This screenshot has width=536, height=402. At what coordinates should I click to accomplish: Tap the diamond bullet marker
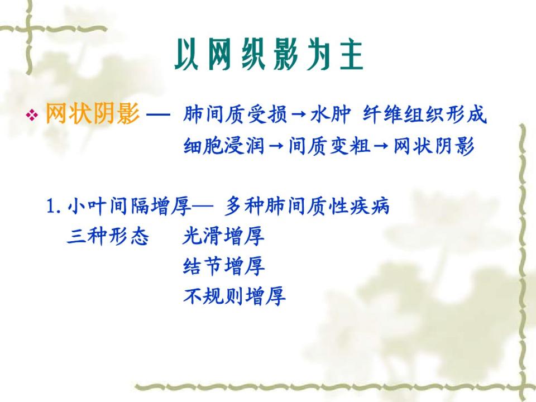click(32, 115)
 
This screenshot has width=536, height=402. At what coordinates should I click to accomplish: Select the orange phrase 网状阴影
click(93, 113)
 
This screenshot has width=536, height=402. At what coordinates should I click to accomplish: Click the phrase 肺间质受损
click(235, 114)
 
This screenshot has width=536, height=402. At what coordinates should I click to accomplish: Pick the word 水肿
click(331, 114)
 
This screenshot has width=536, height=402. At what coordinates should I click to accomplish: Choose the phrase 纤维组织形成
click(424, 114)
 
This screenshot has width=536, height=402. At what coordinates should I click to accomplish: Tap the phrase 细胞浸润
click(224, 146)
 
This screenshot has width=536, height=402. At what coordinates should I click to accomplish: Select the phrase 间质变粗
click(329, 146)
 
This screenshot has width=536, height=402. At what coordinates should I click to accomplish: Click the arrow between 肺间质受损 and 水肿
click(299, 114)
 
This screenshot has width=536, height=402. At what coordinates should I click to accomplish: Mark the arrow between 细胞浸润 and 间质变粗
click(277, 147)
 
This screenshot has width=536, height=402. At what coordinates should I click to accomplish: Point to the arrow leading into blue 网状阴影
click(382, 147)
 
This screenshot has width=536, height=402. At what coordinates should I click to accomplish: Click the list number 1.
click(54, 207)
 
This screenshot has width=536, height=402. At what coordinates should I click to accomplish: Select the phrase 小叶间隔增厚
click(130, 207)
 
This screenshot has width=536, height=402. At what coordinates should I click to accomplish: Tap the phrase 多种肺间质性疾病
click(307, 206)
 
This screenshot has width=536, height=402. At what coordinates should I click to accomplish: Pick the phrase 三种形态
click(108, 236)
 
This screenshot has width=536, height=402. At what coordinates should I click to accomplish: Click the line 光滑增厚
click(223, 236)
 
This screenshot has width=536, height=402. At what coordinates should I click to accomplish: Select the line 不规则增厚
click(234, 296)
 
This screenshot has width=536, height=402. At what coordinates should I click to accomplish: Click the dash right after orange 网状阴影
click(158, 114)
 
